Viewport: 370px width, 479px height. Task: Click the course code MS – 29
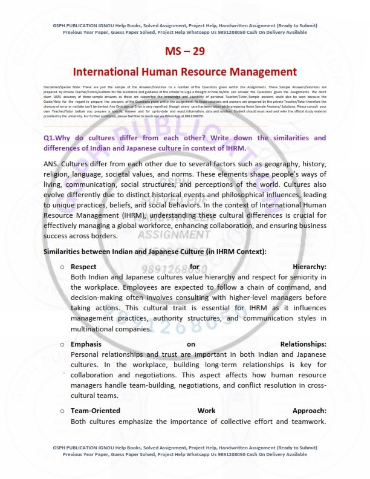[x=185, y=51]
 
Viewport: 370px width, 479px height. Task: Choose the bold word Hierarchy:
[x=309, y=267]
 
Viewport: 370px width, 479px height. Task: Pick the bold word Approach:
[x=309, y=411]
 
